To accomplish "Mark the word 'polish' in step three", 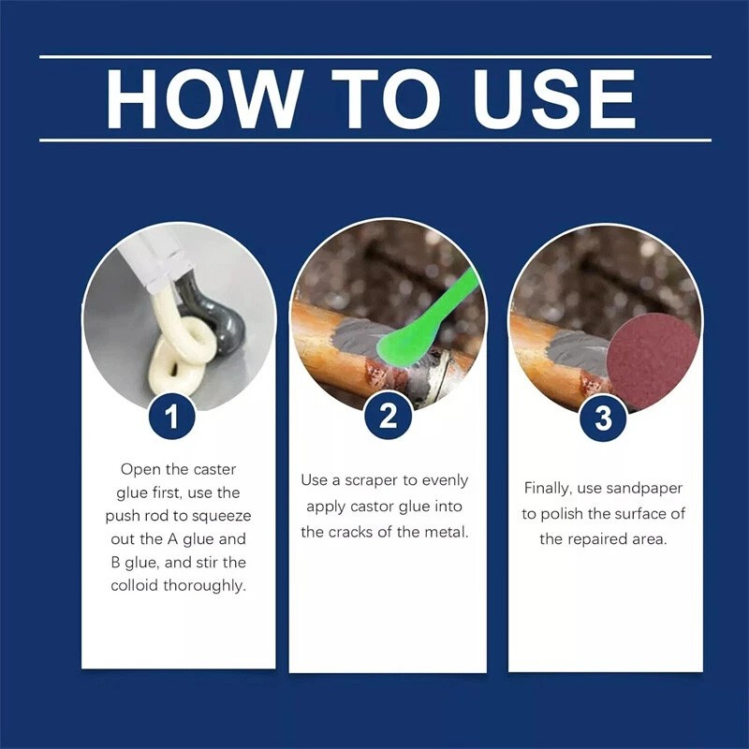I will tap(581, 513).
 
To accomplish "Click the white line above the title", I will tap(374, 57).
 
